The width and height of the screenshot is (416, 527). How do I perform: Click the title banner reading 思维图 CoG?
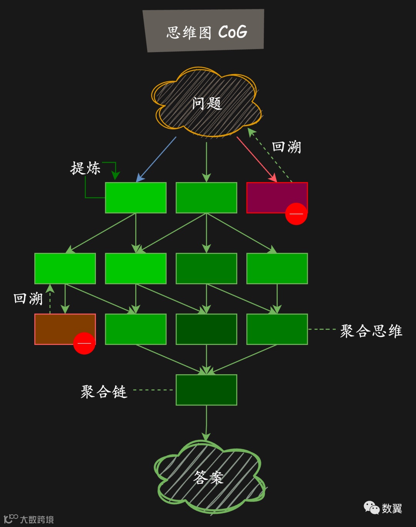(204, 31)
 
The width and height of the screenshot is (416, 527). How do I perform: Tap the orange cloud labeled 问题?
(207, 103)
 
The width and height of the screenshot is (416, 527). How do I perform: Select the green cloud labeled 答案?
(208, 477)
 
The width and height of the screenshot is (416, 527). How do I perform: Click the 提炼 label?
(85, 168)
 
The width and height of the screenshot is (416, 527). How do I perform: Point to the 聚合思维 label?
(371, 331)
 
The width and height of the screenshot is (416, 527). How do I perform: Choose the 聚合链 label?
(104, 392)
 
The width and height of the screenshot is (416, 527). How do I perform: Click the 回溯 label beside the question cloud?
(286, 147)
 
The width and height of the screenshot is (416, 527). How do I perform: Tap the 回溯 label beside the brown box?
(28, 299)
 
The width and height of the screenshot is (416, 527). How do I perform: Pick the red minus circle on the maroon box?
(296, 214)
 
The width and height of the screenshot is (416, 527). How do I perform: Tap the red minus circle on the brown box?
(84, 343)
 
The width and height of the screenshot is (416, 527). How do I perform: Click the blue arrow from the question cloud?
(156, 159)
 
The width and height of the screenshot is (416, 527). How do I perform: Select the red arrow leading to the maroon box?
(257, 159)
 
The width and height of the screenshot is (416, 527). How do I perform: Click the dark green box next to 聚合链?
(206, 390)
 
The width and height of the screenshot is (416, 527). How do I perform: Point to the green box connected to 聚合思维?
(277, 329)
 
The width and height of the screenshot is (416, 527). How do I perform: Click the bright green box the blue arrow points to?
(136, 198)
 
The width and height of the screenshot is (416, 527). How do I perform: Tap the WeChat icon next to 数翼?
(371, 508)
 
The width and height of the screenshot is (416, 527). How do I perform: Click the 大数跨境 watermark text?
(37, 520)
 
